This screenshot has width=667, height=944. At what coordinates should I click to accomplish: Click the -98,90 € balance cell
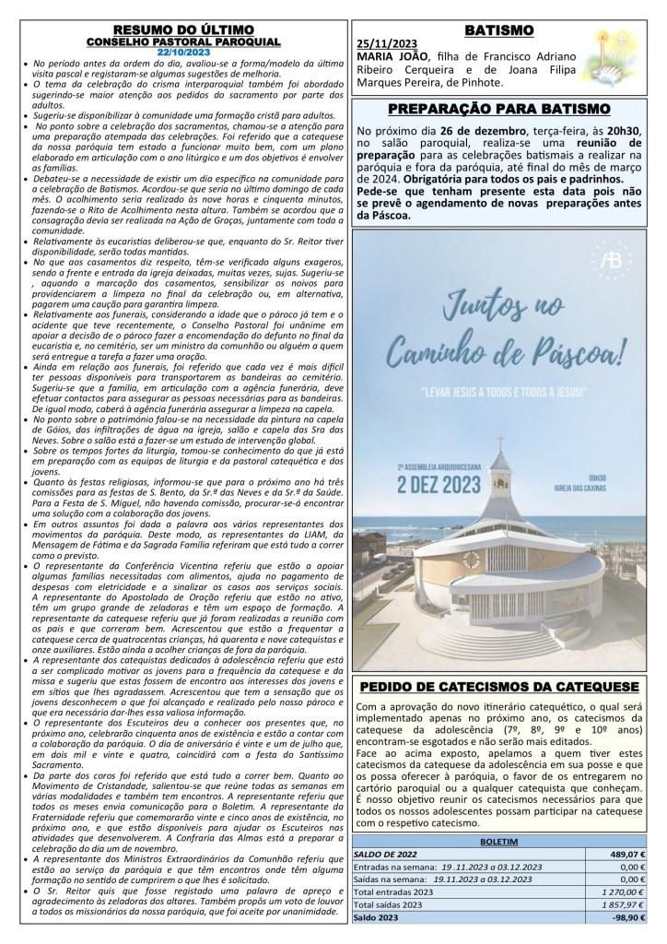[623, 935]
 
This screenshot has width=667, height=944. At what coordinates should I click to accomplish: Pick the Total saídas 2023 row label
[396, 921]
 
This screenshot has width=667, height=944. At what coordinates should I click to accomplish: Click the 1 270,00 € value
[620, 907]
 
